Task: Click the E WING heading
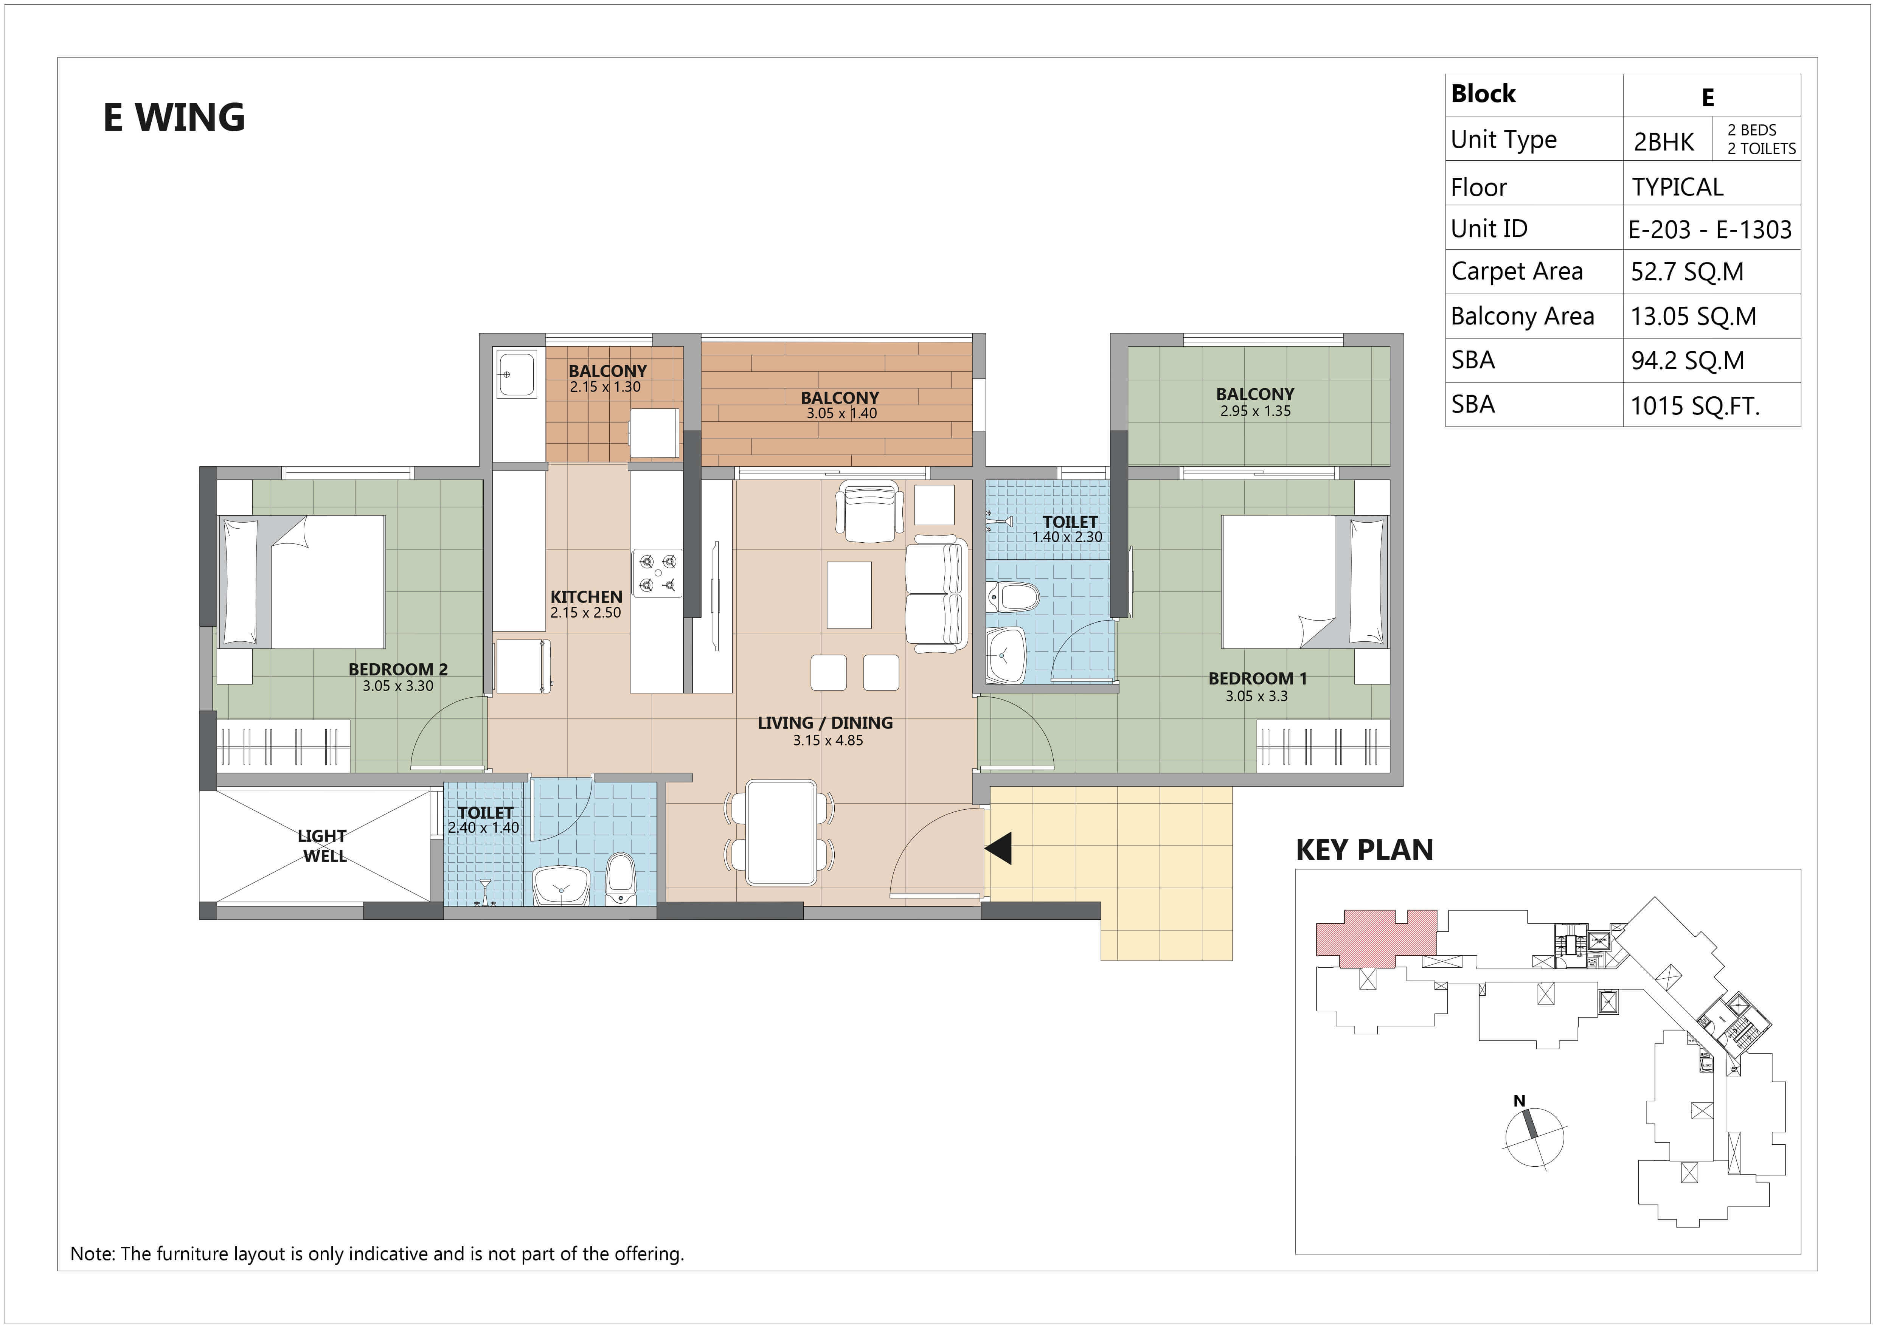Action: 174,117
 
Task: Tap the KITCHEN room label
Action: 586,597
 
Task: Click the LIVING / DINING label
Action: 825,723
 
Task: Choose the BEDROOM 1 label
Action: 1258,678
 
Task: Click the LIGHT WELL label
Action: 323,846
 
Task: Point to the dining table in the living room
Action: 781,832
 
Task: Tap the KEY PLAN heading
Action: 1365,851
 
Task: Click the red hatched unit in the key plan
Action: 1376,933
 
